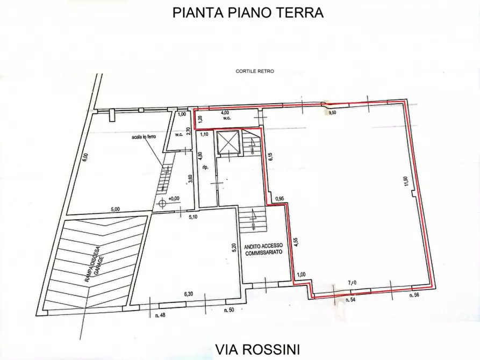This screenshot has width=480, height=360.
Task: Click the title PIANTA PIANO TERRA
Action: pyautogui.click(x=248, y=13)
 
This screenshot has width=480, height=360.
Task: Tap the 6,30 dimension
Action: pyautogui.click(x=188, y=294)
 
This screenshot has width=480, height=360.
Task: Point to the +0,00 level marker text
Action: pyautogui.click(x=173, y=199)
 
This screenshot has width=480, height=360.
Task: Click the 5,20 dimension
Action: pyautogui.click(x=234, y=248)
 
